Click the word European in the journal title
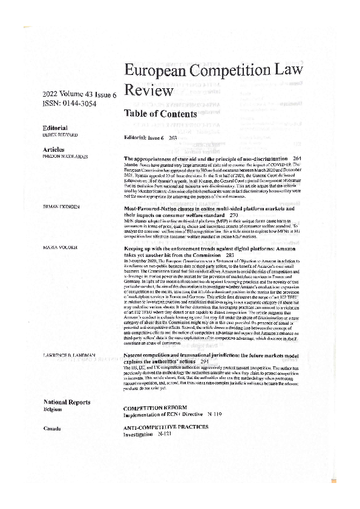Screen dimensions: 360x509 tap(160, 71)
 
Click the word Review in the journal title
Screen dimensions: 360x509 tap(148, 91)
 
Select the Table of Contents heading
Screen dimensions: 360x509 tap(160, 114)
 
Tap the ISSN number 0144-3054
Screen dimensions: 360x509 tap(75, 103)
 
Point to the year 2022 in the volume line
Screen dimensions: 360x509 tap(52, 94)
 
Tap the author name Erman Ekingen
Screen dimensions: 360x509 tap(61, 207)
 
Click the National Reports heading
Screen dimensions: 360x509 tap(67, 402)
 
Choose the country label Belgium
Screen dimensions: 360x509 tap(53, 409)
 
